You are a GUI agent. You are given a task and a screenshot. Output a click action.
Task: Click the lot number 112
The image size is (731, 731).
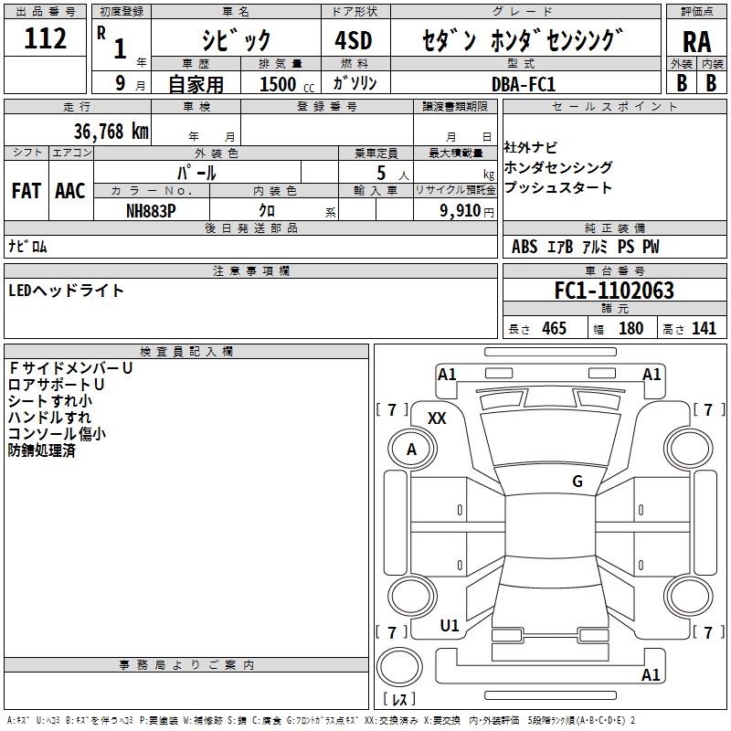point(46,39)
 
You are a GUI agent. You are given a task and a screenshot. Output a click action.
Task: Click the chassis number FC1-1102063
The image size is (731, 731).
point(614,291)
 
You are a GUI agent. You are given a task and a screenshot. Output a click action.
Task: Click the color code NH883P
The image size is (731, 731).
point(151,210)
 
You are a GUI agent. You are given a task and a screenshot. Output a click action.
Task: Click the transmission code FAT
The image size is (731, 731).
point(26,191)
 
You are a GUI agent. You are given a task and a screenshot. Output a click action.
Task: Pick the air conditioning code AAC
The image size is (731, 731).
point(69,191)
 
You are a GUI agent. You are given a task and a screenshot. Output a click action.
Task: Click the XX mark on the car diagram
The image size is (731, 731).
point(437,418)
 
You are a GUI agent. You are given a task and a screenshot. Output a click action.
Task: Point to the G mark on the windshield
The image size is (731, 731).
point(577,481)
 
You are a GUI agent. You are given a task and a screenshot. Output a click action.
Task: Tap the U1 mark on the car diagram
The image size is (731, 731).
point(450,626)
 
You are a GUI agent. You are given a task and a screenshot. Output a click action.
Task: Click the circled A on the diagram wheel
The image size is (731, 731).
point(411,450)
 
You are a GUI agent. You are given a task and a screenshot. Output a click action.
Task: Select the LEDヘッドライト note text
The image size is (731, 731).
point(67,291)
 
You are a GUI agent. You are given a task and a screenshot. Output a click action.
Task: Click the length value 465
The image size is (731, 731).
point(554,329)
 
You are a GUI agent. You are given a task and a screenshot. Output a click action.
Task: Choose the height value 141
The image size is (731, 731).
point(704,329)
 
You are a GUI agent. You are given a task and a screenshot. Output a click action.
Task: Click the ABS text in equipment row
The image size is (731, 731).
point(524,247)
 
